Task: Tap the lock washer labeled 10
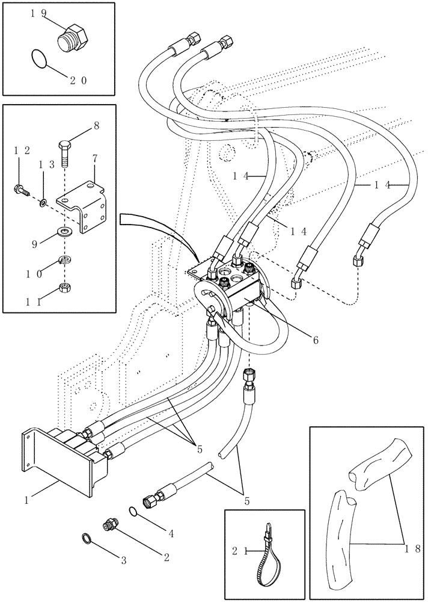pyautogui.click(x=64, y=260)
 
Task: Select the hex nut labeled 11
pyautogui.click(x=64, y=288)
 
